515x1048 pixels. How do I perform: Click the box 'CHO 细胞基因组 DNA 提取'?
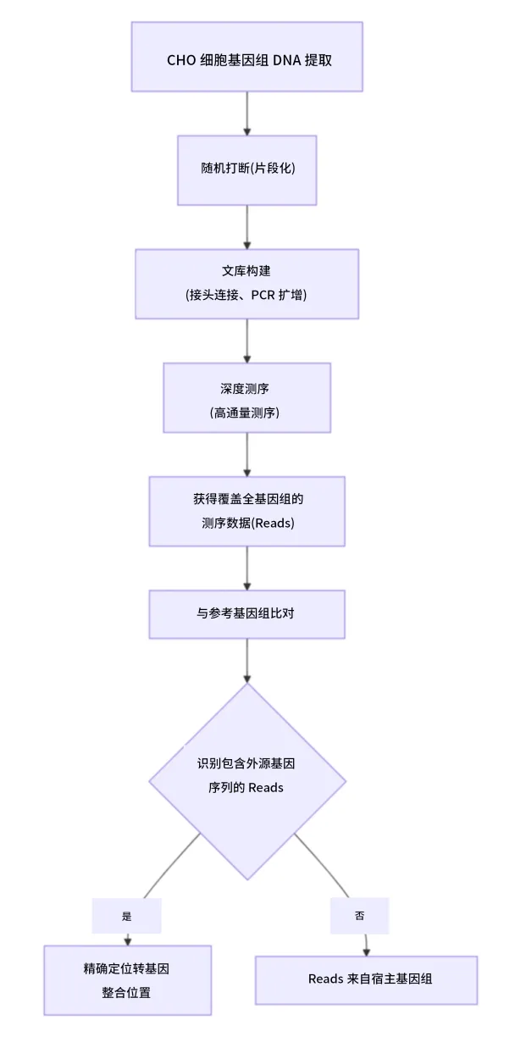tap(247, 57)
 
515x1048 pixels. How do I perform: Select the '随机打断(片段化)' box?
tap(247, 170)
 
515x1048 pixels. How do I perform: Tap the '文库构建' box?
tap(247, 284)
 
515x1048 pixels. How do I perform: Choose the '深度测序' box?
tap(247, 397)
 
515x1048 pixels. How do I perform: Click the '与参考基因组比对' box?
tap(247, 614)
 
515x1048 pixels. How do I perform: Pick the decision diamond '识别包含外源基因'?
tap(247, 781)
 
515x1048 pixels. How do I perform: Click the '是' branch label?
tap(127, 916)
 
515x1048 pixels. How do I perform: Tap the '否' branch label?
tap(360, 916)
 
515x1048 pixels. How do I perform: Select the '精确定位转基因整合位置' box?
tap(128, 980)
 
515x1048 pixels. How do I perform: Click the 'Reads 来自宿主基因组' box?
tap(366, 980)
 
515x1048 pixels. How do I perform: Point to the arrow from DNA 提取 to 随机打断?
tap(247, 114)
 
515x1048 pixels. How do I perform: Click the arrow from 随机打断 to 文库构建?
tap(247, 227)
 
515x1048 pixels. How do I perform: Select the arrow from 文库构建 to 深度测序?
tap(247, 341)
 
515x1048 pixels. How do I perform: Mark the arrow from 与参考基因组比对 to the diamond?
tap(247, 661)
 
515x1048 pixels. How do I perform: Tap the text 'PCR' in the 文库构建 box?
tap(263, 295)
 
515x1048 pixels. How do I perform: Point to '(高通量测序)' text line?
tap(245, 413)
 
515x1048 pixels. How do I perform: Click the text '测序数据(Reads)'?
tap(248, 523)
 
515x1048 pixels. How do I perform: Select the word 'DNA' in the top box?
tap(287, 60)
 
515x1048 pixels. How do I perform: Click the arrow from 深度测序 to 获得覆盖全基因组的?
tap(247, 455)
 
